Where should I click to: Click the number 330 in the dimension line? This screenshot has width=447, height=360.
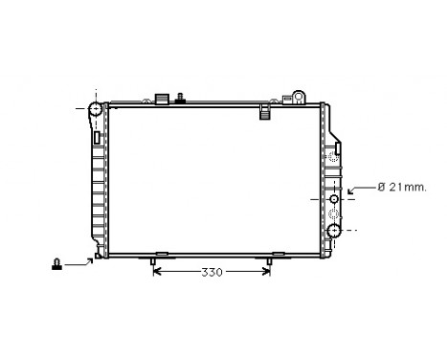[x=212, y=273]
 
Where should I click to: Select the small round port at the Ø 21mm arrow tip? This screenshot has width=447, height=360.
[x=333, y=198]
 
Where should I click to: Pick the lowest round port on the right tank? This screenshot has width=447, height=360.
[x=333, y=231]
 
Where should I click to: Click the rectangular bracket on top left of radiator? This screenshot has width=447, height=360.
[x=161, y=98]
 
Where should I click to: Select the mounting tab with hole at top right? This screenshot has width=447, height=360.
[x=300, y=96]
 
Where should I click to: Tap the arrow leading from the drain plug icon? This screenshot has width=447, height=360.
[x=82, y=260]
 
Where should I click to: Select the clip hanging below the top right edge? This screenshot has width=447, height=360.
[x=265, y=114]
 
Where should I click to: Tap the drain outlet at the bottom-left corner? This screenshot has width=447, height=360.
[x=99, y=255]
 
